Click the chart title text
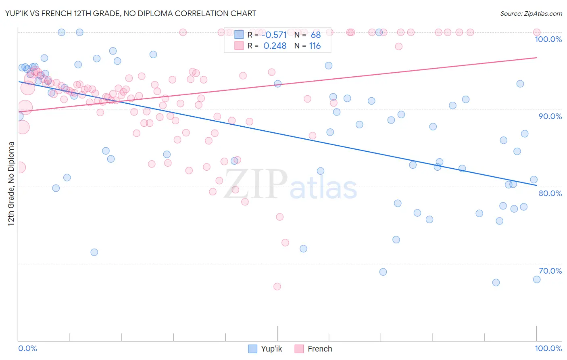coord(131,13)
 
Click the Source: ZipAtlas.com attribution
coord(531,13)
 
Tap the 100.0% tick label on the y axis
coord(548,39)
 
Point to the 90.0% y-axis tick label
coord(550,116)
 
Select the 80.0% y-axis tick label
coord(550,193)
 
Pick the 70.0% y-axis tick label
coord(550,271)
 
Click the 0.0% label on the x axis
coord(28,348)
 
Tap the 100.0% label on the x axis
coord(548,348)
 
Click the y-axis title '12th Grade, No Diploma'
coord(11,184)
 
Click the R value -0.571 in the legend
coord(274,35)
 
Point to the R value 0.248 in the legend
coord(275,46)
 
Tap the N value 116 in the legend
coord(315,46)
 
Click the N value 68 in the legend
coord(315,35)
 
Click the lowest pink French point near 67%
coord(277,287)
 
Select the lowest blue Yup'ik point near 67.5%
coord(496,283)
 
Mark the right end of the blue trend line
coord(537,185)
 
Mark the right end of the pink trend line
coord(537,58)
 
